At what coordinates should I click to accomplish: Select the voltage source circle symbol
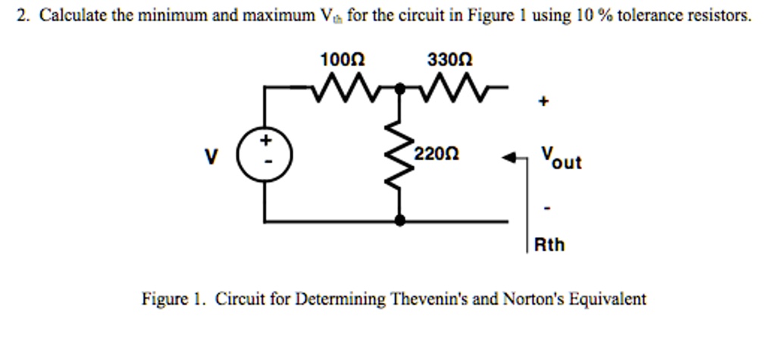[264, 155]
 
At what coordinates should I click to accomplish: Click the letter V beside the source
[211, 158]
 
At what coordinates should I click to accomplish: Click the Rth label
[549, 245]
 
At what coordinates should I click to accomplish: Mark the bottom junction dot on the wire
[399, 221]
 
